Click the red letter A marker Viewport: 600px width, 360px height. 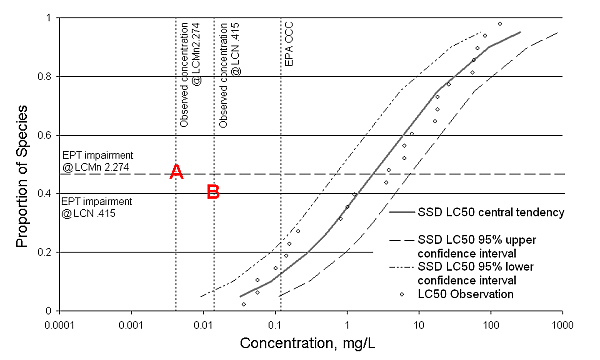click(176, 172)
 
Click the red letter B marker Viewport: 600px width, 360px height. click(213, 192)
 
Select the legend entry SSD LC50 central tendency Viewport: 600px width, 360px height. click(481, 212)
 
